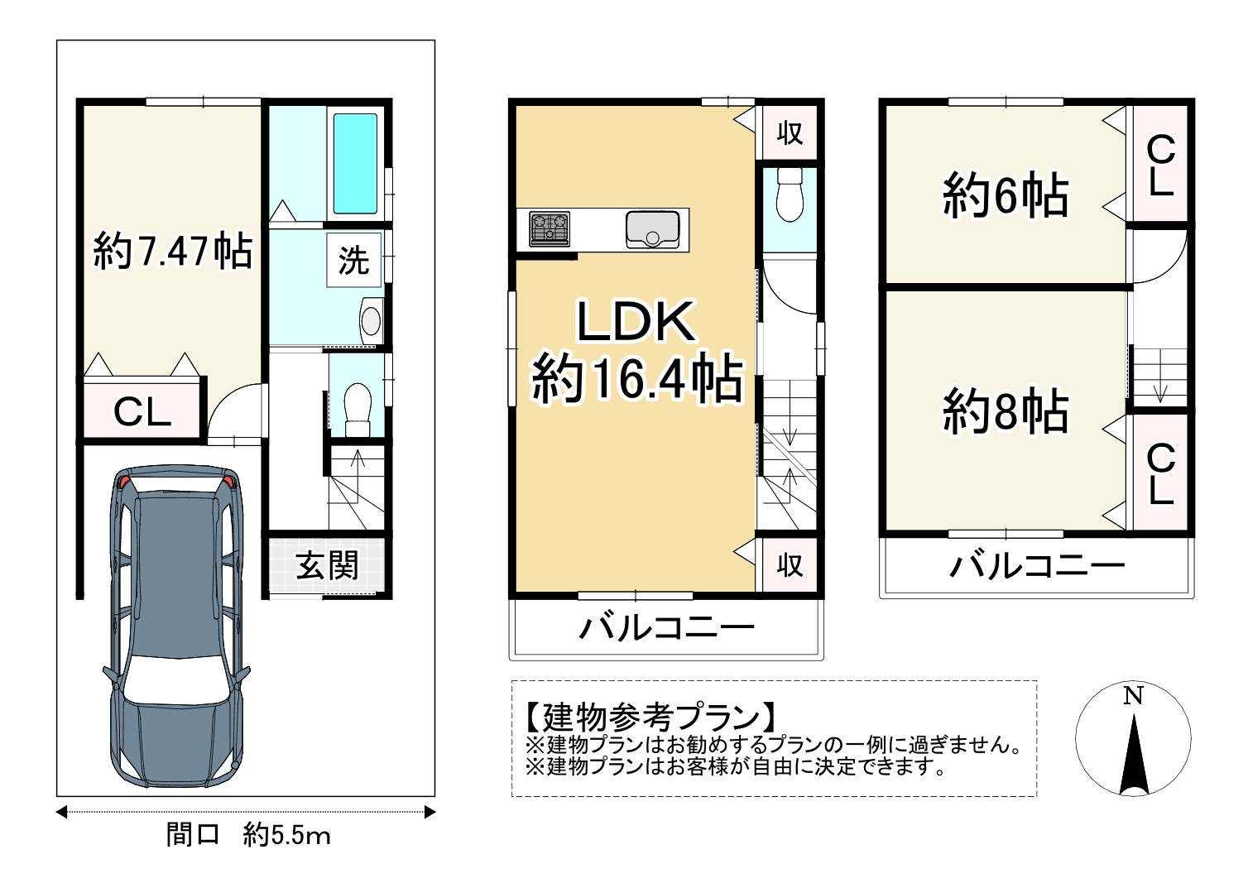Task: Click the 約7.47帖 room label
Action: point(173,250)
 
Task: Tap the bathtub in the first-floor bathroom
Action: point(354,163)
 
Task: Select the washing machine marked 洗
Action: point(353,261)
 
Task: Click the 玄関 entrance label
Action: point(328,566)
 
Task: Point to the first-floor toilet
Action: point(357,408)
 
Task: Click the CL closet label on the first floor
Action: point(142,411)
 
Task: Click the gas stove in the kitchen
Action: point(549,228)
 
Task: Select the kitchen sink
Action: point(652,228)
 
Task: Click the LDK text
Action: point(636,323)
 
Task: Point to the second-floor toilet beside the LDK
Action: point(790,197)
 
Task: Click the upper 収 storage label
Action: point(790,132)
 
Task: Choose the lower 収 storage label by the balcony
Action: point(790,565)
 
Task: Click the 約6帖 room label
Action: point(1005,195)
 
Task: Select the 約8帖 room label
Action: point(1005,412)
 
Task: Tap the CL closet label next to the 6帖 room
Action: point(1160,167)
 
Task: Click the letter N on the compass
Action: point(1133,696)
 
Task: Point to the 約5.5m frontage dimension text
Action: point(287,836)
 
